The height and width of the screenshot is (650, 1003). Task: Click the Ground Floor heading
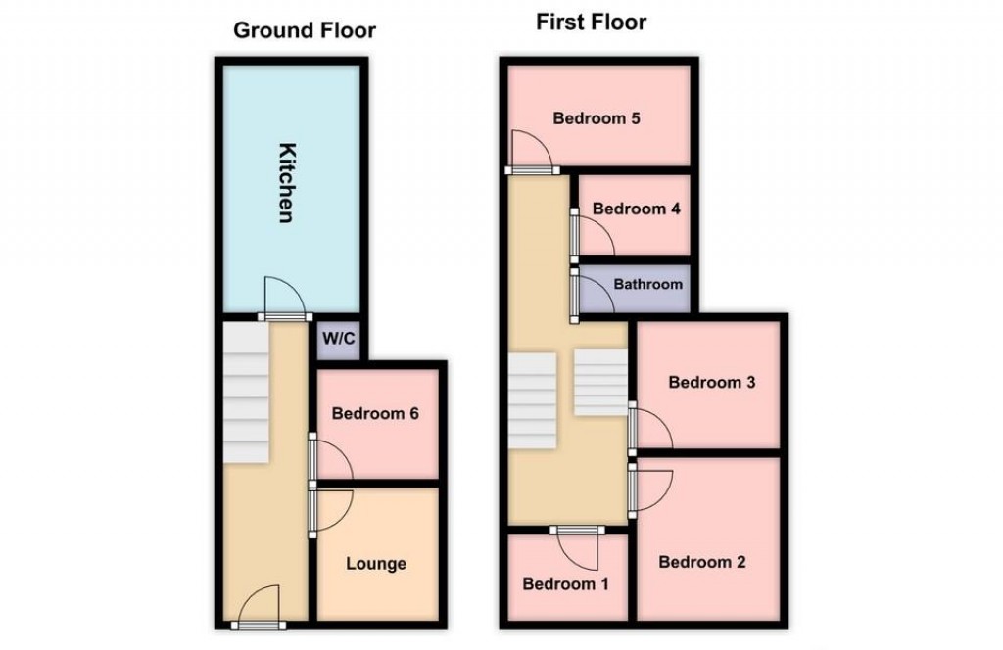click(304, 30)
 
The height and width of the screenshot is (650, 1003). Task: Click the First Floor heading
click(591, 22)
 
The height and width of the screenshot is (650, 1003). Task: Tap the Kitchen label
click(286, 183)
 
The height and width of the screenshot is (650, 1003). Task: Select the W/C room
click(339, 339)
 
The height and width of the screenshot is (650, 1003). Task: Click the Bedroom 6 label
click(375, 414)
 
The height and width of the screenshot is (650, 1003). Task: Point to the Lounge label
click(375, 564)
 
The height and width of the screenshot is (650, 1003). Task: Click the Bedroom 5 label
click(597, 119)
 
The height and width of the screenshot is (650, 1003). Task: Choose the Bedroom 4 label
click(636, 209)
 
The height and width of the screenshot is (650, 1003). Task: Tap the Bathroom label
click(647, 285)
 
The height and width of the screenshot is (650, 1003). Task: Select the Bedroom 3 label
click(711, 383)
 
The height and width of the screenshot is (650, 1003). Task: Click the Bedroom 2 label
click(702, 562)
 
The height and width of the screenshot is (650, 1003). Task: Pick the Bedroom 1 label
click(565, 584)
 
